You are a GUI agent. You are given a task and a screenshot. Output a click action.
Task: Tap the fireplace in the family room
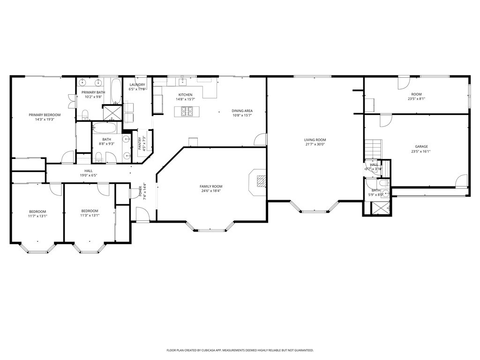[260, 181]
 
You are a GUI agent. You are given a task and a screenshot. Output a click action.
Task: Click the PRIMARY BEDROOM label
[45, 115]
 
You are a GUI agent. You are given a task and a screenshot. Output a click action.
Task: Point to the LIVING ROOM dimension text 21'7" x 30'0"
[315, 144]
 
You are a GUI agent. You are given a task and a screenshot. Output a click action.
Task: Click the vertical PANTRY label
[140, 143]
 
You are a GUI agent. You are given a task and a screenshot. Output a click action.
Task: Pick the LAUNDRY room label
[137, 84]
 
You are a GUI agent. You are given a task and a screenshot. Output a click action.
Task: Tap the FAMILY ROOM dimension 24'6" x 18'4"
[210, 191]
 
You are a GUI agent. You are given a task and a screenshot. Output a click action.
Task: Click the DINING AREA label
[242, 111]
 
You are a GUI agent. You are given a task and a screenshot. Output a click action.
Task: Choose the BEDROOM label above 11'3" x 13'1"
[90, 211]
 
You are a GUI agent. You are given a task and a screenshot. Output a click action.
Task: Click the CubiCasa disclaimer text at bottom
[240, 350]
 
